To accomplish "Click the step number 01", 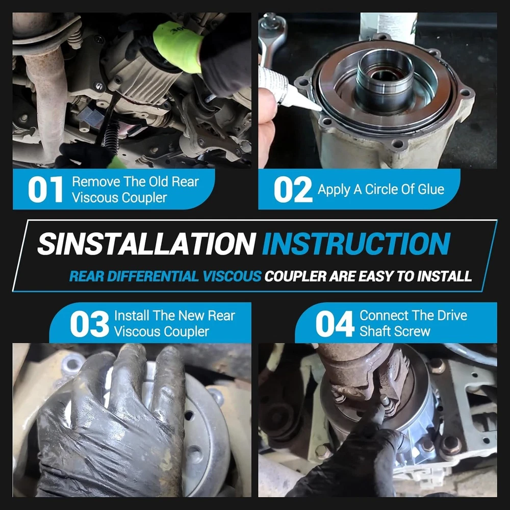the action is pyautogui.click(x=45, y=190).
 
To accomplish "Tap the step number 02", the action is pyautogui.click(x=293, y=190).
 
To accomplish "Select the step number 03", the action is pyautogui.click(x=89, y=324).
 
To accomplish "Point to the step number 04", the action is pyautogui.click(x=335, y=324).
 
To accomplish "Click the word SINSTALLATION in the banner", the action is pyautogui.click(x=146, y=244).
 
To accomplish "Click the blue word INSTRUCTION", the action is pyautogui.click(x=356, y=244).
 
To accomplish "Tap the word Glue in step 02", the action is pyautogui.click(x=430, y=189).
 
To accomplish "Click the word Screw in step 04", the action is pyautogui.click(x=413, y=331).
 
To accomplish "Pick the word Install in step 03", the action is pyautogui.click(x=132, y=316).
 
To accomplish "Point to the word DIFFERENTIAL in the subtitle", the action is pyautogui.click(x=152, y=276).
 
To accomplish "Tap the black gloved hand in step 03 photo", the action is pyautogui.click(x=111, y=423).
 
